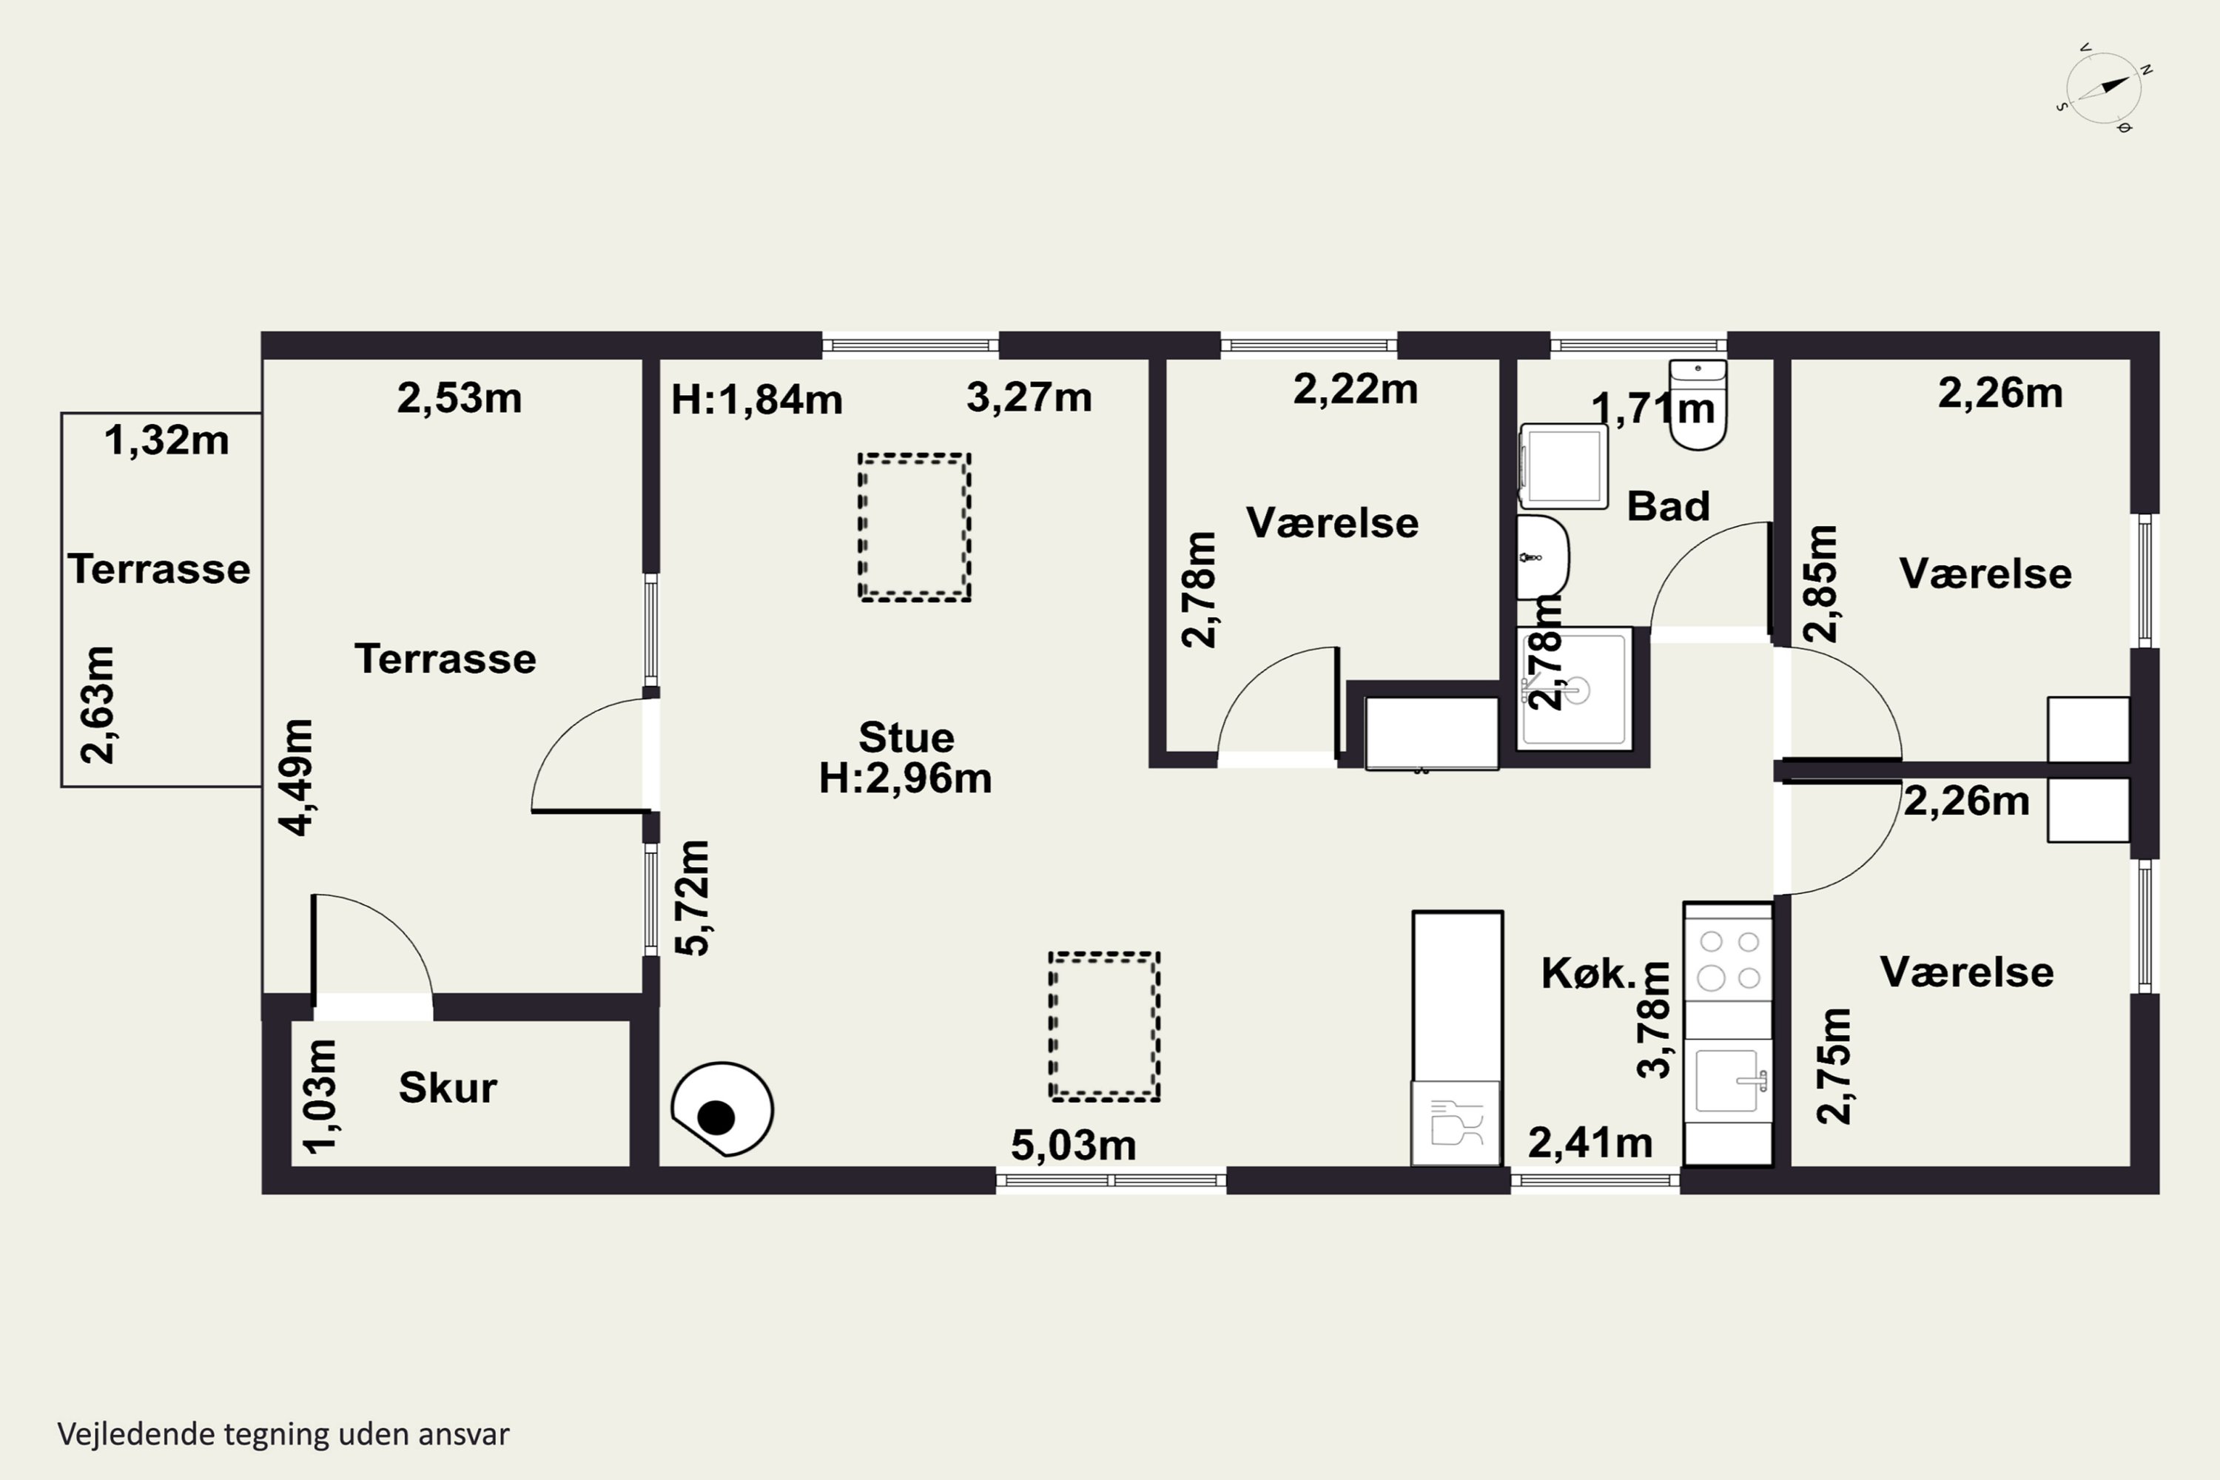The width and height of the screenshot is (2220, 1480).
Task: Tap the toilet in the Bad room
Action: [1698, 404]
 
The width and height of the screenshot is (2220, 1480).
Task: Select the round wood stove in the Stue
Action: [722, 1109]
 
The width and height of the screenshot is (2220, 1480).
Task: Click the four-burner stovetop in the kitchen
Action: [1728, 960]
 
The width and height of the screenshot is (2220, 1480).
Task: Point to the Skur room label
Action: [448, 1087]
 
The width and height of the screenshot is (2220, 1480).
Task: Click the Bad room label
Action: [1668, 506]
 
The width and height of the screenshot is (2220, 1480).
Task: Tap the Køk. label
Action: [1589, 972]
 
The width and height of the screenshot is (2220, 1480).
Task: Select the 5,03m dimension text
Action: [1073, 1145]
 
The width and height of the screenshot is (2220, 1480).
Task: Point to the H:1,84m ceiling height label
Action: [756, 400]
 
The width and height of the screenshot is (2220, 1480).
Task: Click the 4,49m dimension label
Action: [297, 777]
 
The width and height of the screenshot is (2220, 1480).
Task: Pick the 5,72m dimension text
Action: [694, 898]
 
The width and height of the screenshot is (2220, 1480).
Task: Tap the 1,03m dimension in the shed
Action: [320, 1096]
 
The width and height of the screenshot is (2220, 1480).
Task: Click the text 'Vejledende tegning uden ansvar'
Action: [283, 1434]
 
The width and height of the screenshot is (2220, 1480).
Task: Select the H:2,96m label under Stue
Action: [905, 778]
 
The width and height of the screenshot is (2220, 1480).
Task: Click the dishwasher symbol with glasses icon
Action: [1456, 1123]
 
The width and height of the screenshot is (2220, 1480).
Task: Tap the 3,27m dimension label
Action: [1029, 397]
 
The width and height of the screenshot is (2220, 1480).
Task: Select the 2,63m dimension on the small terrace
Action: [98, 704]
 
